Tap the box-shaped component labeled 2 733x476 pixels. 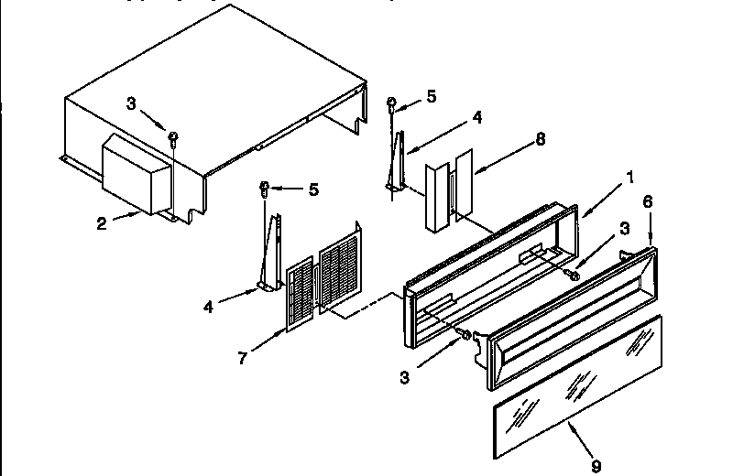136,174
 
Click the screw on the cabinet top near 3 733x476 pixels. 174,137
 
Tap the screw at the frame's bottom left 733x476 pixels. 466,337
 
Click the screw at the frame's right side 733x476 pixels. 574,273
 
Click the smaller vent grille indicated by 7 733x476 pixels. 300,297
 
